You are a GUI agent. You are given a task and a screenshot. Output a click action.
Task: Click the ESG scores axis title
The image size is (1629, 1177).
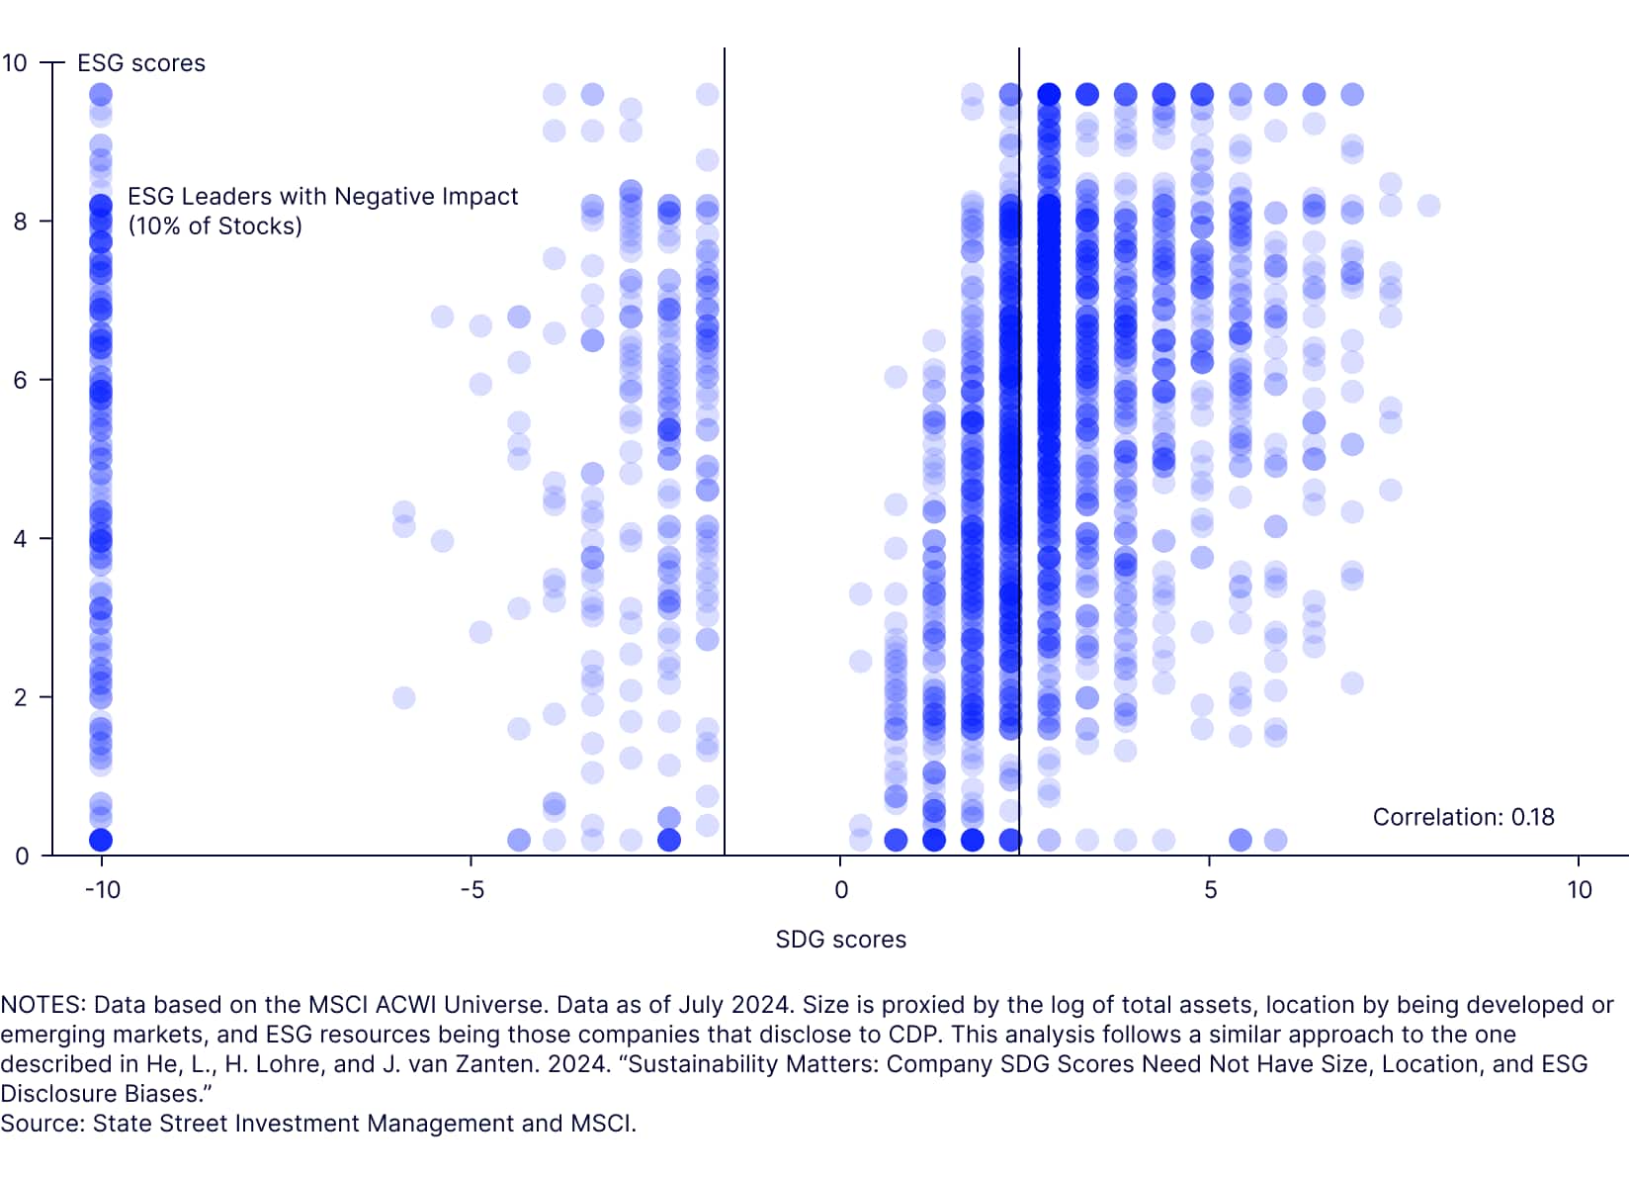(141, 63)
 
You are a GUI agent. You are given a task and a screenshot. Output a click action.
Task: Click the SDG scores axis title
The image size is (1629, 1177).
(840, 940)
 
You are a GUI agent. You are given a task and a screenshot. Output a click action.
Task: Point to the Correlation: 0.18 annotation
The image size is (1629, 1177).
(1463, 817)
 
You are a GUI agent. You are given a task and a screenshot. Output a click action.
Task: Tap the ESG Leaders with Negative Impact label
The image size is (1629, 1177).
(322, 197)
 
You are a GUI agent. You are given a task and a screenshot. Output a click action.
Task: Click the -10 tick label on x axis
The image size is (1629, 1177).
(102, 890)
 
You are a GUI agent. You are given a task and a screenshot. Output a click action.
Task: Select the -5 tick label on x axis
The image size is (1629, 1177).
(472, 890)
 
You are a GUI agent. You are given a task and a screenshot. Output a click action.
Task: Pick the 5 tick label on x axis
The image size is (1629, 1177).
(1210, 890)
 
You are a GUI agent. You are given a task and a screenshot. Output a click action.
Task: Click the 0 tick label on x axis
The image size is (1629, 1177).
(841, 890)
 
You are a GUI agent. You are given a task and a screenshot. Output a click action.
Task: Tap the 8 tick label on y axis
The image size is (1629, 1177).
(21, 222)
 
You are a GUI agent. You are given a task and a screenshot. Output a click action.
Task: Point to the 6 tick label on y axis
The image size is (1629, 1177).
(21, 381)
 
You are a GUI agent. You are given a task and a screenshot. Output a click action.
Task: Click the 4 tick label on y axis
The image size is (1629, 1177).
(21, 539)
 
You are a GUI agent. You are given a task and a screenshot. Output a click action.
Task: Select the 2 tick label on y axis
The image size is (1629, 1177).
(21, 697)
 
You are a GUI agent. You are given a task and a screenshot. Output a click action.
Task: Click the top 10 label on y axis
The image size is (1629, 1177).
(15, 63)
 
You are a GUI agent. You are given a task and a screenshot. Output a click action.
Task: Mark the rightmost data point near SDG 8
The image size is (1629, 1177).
(1428, 206)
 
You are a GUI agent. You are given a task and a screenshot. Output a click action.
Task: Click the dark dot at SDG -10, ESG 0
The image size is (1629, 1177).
(101, 840)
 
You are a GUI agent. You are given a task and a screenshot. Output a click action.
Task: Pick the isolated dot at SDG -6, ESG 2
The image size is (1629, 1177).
(403, 697)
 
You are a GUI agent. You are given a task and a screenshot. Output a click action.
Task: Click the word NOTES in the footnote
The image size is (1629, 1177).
(42, 1005)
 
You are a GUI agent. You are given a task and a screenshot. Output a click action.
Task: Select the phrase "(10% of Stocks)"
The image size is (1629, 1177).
(214, 226)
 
